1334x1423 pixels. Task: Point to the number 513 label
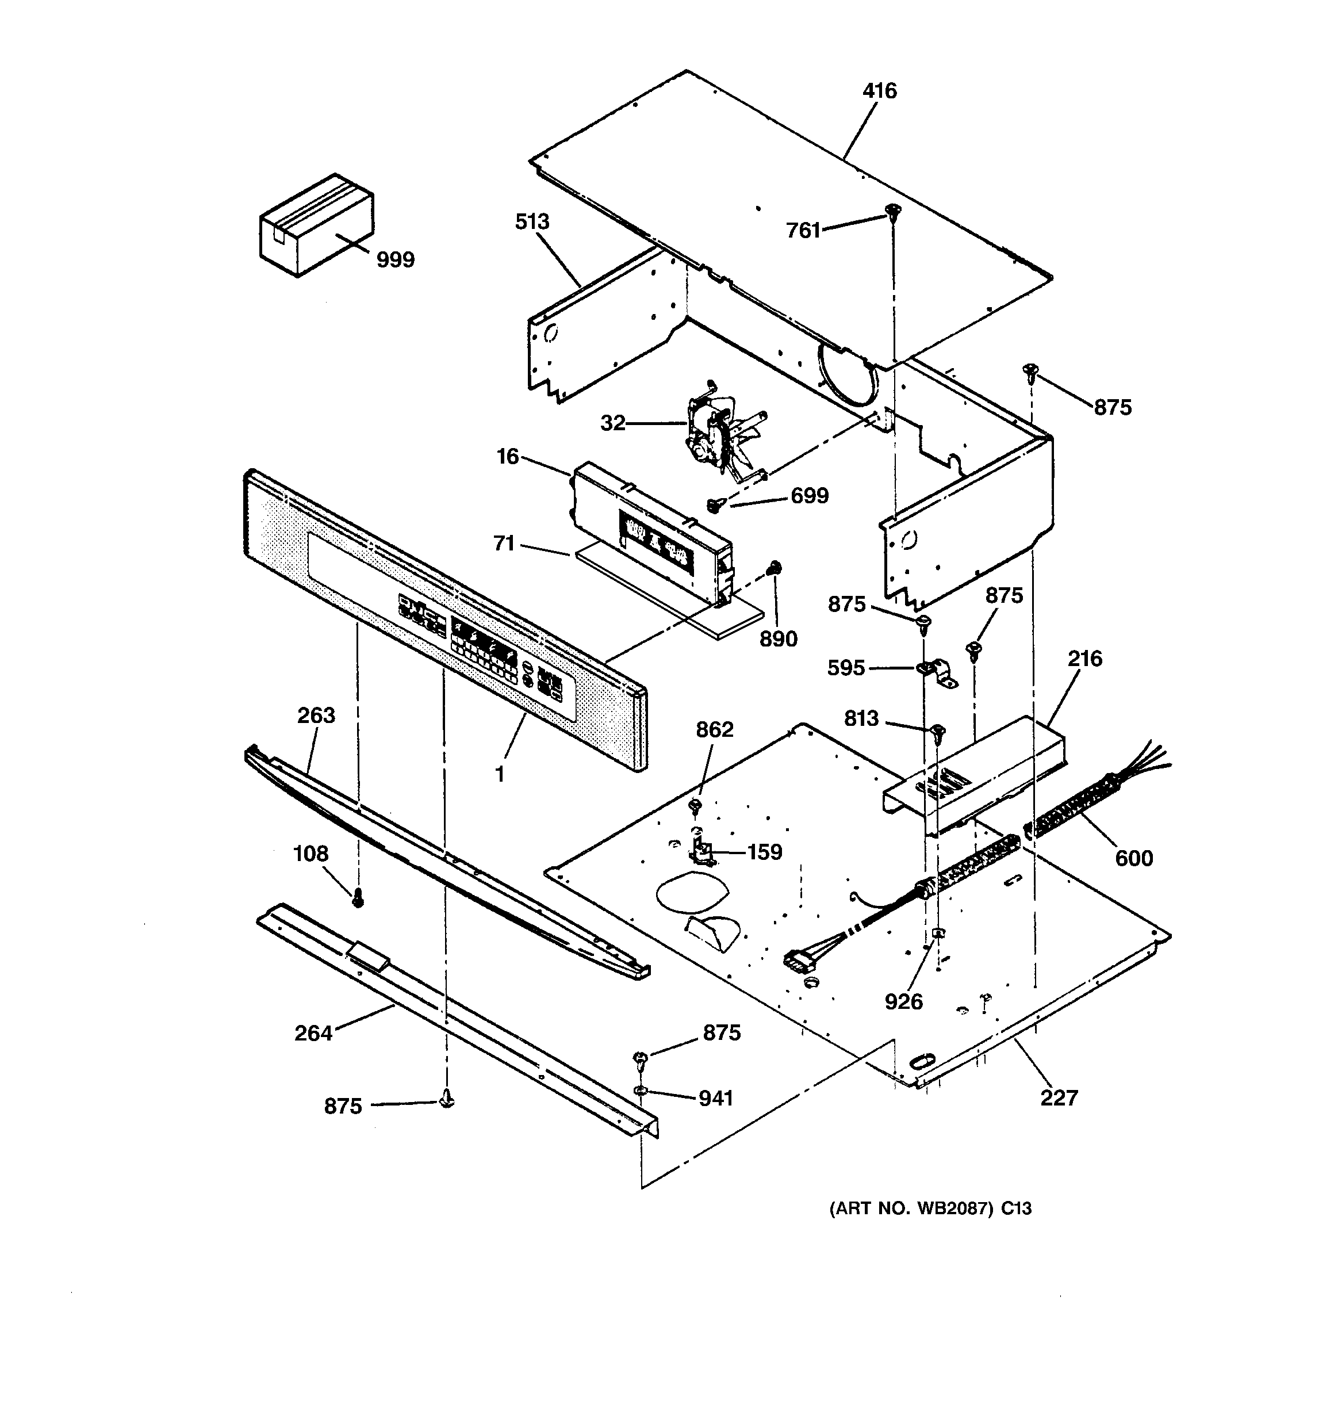point(532,222)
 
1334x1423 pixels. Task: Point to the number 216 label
point(1084,659)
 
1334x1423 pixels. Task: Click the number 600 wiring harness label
point(1134,858)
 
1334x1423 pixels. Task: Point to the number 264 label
point(313,1033)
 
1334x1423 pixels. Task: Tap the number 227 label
point(1059,1097)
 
